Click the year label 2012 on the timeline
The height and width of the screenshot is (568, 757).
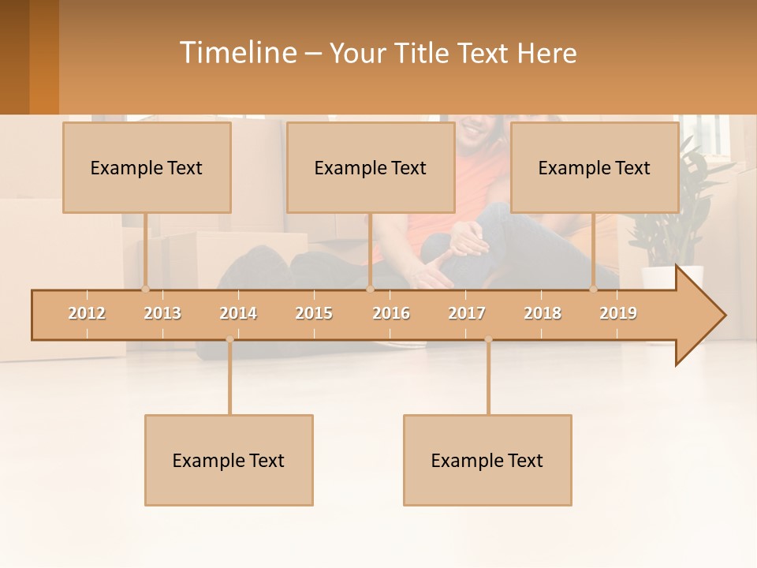(x=87, y=313)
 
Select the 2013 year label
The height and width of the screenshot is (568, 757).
(x=162, y=313)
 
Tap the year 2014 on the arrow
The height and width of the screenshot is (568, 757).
(x=238, y=313)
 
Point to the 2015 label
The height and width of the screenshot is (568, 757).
(x=314, y=313)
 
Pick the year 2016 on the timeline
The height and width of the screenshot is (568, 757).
(x=391, y=313)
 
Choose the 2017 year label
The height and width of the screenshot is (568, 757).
(x=467, y=313)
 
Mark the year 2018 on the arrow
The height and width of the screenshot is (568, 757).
(x=543, y=313)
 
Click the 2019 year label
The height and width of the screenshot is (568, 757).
(x=618, y=313)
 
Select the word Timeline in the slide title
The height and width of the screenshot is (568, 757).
(x=237, y=53)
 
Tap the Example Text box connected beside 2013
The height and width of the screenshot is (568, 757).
(x=147, y=167)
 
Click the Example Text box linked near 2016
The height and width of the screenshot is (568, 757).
(x=371, y=167)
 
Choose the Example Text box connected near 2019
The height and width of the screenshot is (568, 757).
(x=595, y=167)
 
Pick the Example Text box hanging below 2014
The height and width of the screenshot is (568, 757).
(x=229, y=460)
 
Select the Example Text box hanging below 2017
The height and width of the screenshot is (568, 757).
(x=487, y=460)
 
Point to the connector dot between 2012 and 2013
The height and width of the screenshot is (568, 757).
(x=145, y=289)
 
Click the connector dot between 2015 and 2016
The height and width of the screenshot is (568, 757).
(x=370, y=289)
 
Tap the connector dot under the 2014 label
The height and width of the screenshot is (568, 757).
(x=229, y=339)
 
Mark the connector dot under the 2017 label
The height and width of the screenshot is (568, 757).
(x=488, y=339)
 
